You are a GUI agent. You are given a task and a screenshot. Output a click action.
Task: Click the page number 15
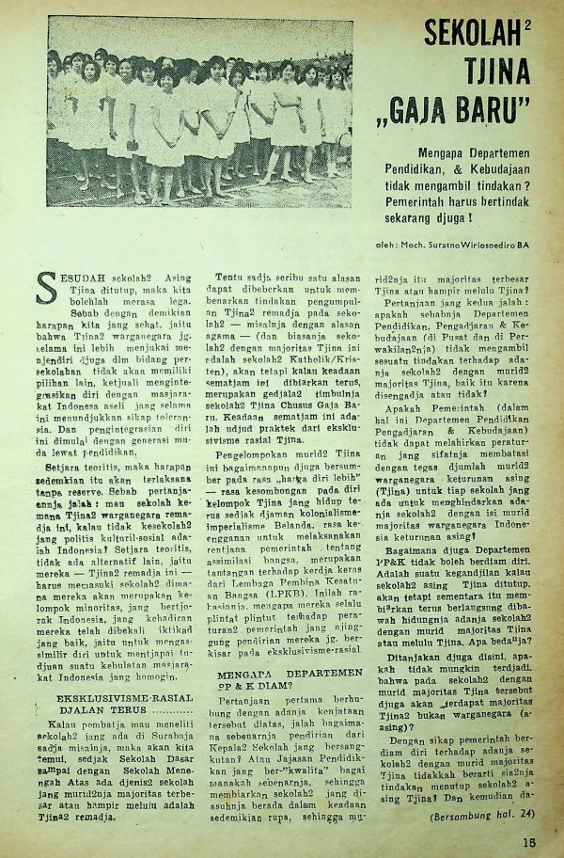tap(530, 843)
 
